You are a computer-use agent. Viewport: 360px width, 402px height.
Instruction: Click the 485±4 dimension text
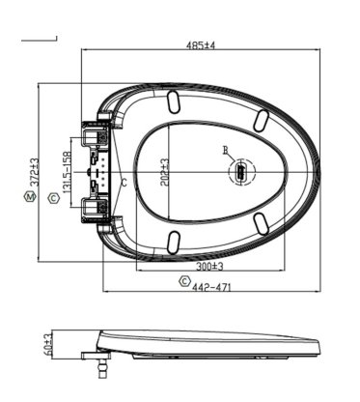click(201, 45)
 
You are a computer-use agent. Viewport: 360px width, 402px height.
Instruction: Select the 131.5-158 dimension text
click(67, 172)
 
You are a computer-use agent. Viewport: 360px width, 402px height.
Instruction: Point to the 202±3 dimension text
click(164, 172)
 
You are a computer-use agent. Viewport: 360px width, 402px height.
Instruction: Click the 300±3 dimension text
click(210, 267)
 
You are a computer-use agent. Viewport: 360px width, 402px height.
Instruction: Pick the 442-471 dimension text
click(211, 286)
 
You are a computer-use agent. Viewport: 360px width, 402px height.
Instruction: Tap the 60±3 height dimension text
click(48, 345)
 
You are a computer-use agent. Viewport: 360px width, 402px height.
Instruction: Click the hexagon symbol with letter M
click(30, 196)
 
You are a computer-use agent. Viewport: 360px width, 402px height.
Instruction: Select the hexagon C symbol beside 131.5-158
click(53, 198)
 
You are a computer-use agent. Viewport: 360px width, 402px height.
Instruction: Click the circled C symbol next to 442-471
click(184, 280)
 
